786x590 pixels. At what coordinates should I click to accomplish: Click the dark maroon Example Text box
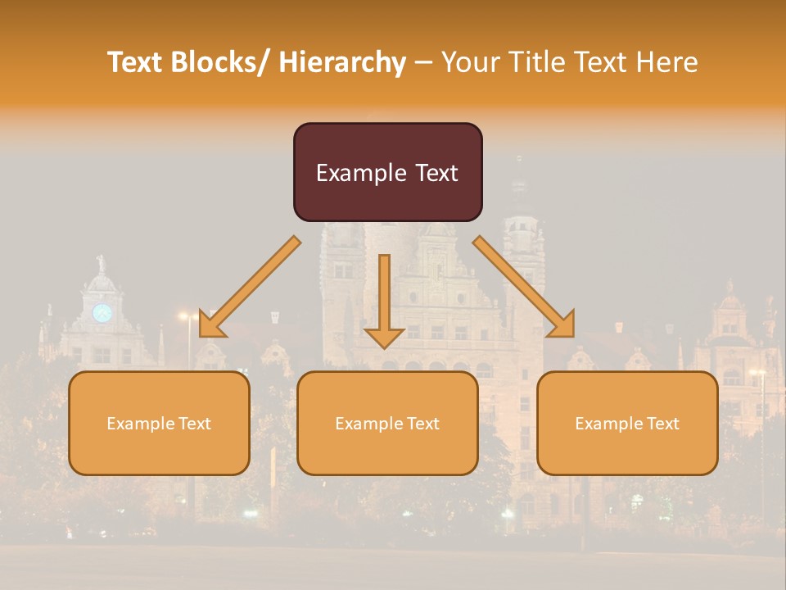(387, 172)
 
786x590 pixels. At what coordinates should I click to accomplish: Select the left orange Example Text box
(159, 423)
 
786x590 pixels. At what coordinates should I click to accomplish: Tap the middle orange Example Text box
(387, 423)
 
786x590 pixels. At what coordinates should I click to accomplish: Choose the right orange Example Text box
(627, 423)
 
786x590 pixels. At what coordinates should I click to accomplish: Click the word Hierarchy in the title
(342, 62)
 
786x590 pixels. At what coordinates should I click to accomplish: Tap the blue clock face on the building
(102, 312)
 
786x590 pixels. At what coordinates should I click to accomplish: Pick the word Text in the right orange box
(662, 423)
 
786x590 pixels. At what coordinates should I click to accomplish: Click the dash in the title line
(423, 62)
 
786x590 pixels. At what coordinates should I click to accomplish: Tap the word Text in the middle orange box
(422, 423)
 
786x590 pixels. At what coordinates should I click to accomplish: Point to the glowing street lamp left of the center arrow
(187, 316)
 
